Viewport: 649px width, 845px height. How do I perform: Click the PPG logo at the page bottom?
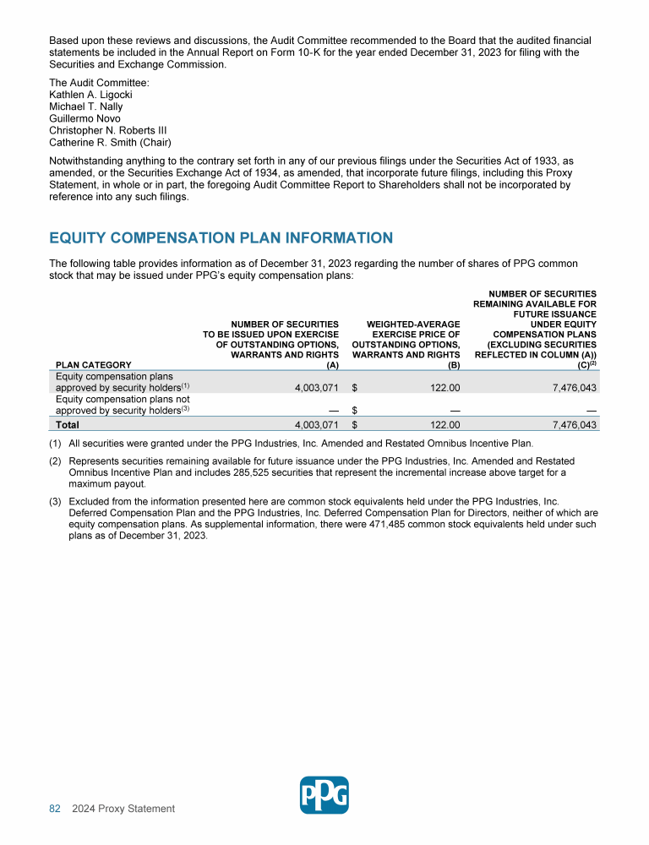(324, 795)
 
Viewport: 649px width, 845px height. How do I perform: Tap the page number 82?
(55, 810)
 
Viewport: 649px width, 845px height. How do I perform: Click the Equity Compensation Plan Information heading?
(221, 238)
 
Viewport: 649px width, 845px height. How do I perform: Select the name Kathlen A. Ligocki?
(91, 95)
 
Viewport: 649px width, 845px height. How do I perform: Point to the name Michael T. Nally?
(86, 106)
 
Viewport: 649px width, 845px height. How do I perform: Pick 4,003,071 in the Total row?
(311, 425)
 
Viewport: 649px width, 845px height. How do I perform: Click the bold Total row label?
(68, 425)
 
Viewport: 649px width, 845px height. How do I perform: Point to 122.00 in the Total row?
(443, 425)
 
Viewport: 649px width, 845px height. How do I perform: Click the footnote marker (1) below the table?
(56, 443)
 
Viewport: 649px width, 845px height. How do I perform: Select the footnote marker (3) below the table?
(56, 501)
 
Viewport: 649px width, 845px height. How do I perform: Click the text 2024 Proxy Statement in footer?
(123, 810)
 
